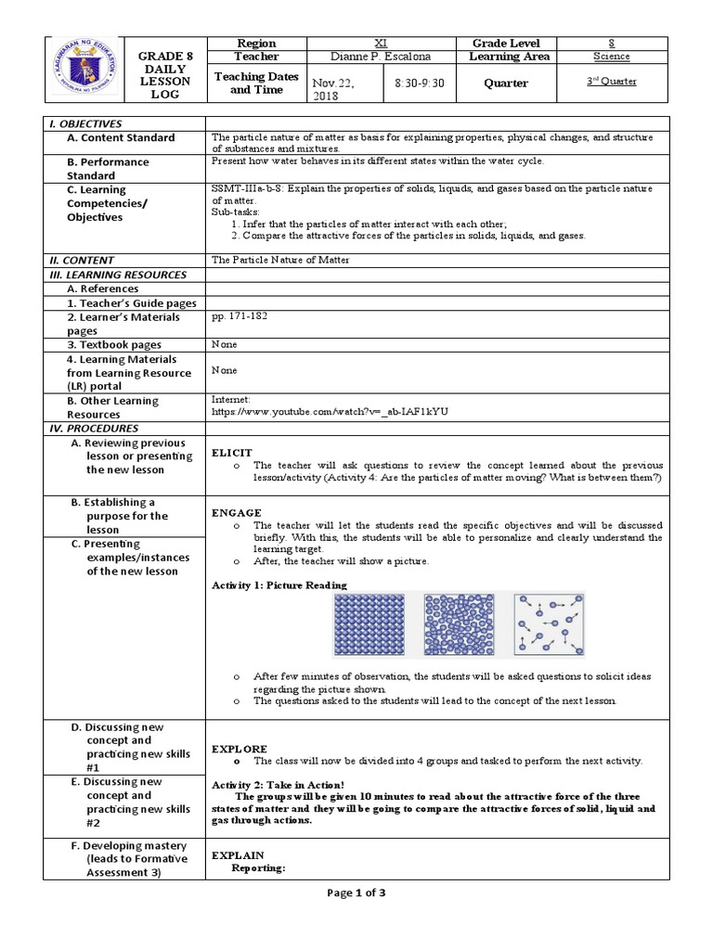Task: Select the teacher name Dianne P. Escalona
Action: click(x=380, y=57)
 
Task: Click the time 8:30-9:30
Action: click(x=419, y=83)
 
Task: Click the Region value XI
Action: click(x=380, y=43)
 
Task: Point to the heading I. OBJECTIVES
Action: click(x=85, y=123)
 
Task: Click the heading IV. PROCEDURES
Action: click(x=92, y=429)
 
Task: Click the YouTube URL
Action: click(x=330, y=410)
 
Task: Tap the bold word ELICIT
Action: click(x=232, y=452)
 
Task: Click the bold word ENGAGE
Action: click(x=237, y=512)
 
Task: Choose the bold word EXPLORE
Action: click(x=240, y=748)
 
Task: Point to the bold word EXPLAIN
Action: click(x=239, y=854)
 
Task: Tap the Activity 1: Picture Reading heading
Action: click(x=279, y=585)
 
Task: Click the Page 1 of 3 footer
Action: click(x=356, y=892)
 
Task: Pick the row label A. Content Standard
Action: click(x=121, y=137)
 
